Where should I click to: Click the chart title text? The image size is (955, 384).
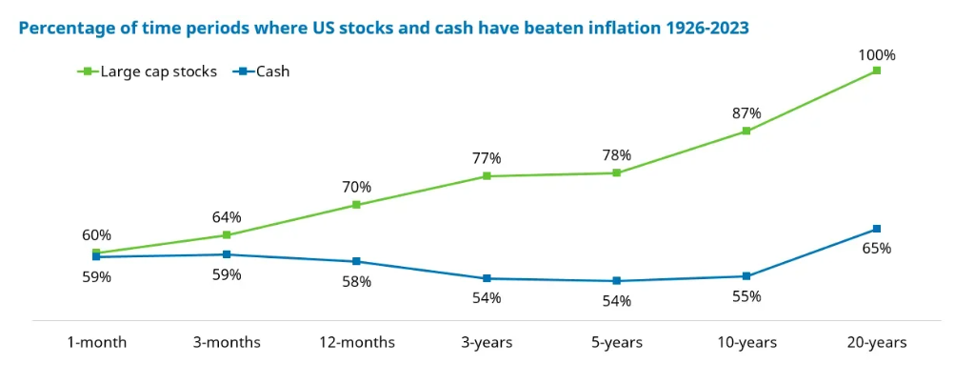pyautogui.click(x=383, y=28)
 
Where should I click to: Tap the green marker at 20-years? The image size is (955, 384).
pyautogui.click(x=876, y=71)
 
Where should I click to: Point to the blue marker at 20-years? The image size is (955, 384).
pyautogui.click(x=876, y=229)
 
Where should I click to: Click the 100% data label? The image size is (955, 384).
pyautogui.click(x=876, y=54)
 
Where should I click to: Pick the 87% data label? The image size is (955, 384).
pyautogui.click(x=746, y=113)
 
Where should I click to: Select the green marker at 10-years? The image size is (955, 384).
pyautogui.click(x=746, y=131)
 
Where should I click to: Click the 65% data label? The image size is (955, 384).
pyautogui.click(x=876, y=249)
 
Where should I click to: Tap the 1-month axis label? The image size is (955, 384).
pyautogui.click(x=96, y=342)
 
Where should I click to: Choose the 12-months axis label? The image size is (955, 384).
pyautogui.click(x=356, y=342)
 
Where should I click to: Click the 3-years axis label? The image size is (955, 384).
pyautogui.click(x=487, y=342)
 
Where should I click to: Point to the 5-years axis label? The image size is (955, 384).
pyautogui.click(x=616, y=342)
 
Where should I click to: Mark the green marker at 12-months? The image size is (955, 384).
pyautogui.click(x=356, y=205)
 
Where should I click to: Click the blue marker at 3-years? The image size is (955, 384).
pyautogui.click(x=487, y=278)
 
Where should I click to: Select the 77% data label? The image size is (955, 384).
pyautogui.click(x=487, y=158)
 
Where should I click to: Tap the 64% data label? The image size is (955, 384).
pyautogui.click(x=226, y=217)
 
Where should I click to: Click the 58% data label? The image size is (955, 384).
pyautogui.click(x=356, y=282)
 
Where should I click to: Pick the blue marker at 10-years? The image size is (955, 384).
pyautogui.click(x=746, y=276)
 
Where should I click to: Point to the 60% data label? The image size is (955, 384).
pyautogui.click(x=96, y=235)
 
